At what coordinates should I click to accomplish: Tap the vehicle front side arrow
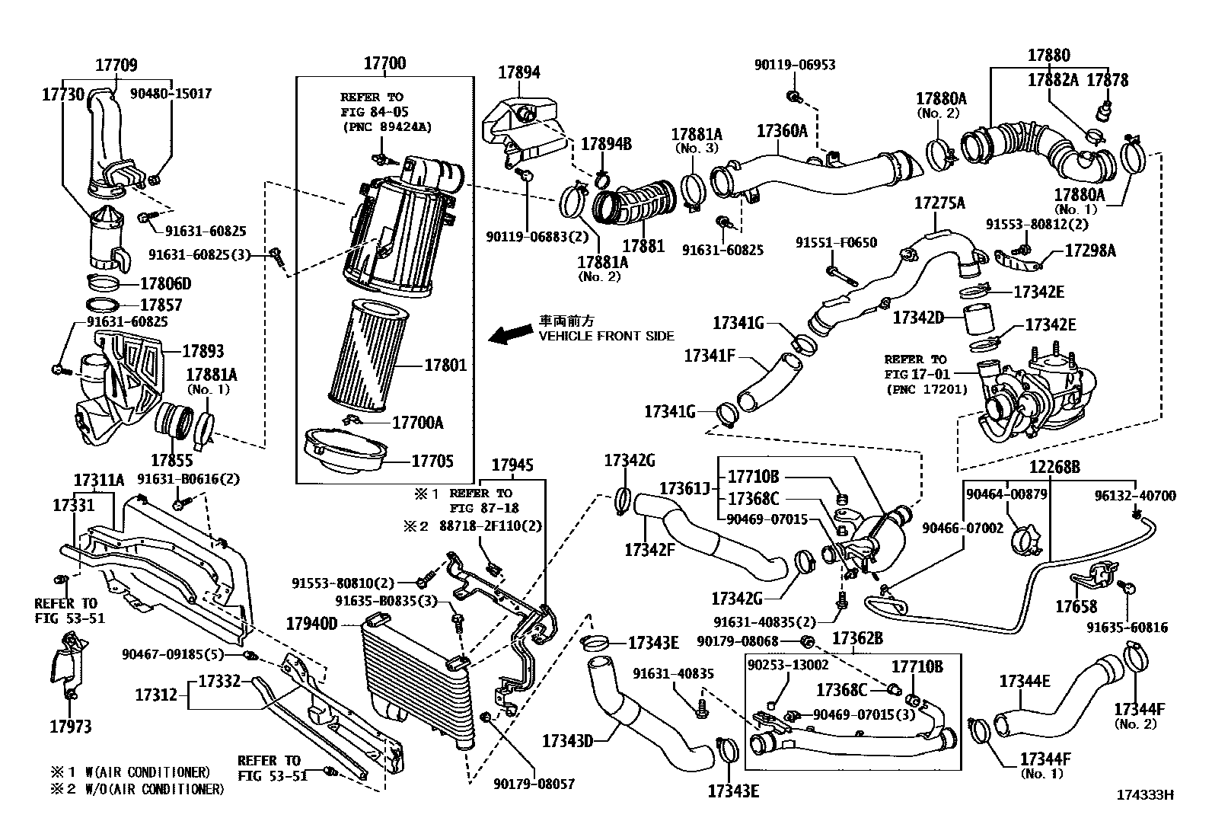509,333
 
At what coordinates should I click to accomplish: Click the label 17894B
606,144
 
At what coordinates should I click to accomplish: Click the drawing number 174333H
1144,795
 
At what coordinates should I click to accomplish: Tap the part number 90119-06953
794,65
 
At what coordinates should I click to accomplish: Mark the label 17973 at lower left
70,727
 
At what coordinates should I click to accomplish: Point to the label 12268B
1055,467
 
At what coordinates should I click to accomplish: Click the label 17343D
567,739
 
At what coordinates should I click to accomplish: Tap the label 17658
1076,606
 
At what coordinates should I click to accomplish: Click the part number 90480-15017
171,94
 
